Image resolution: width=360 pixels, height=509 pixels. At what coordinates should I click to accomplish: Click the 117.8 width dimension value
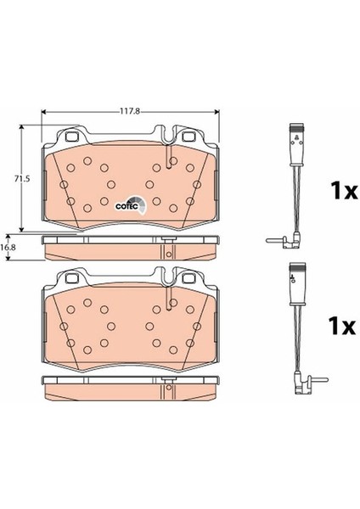pyautogui.click(x=130, y=111)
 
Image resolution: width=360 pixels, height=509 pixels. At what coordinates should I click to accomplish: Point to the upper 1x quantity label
pyautogui.click(x=344, y=190)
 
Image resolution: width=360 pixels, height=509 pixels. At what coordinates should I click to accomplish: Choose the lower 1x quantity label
pyautogui.click(x=342, y=326)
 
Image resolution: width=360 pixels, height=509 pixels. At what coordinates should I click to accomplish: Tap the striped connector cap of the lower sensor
pyautogui.click(x=297, y=266)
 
